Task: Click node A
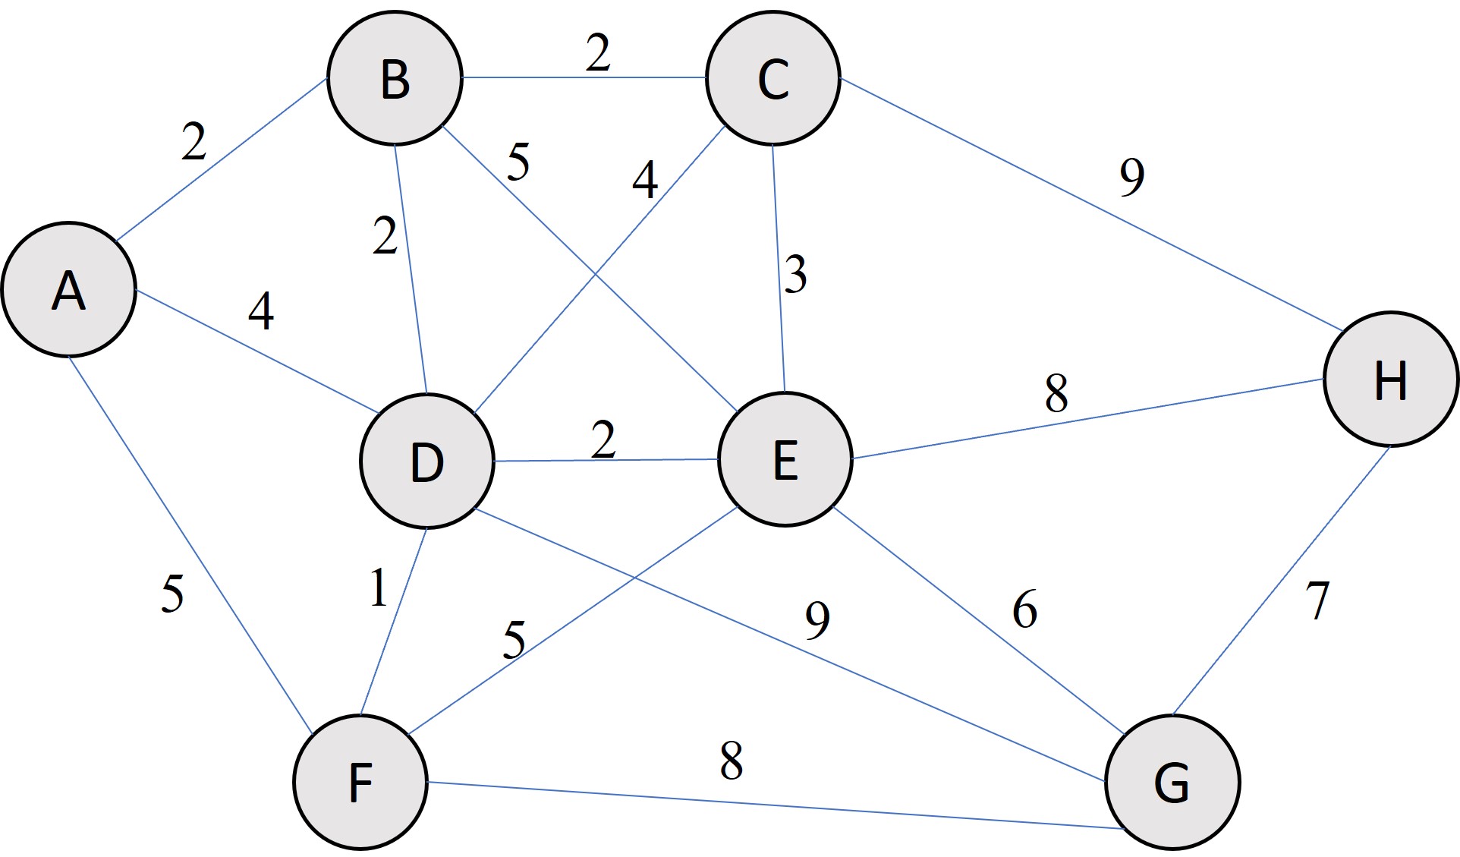(68, 289)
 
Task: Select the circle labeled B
(395, 78)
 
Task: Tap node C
(772, 78)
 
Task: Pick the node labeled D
(427, 462)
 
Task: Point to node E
(785, 459)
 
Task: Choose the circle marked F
(360, 782)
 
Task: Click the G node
(1172, 782)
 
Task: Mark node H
(1391, 379)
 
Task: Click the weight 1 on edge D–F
(378, 588)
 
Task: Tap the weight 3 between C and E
(795, 275)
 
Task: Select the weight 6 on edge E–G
(1024, 610)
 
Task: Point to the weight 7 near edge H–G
(1318, 600)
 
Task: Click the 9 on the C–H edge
(1131, 178)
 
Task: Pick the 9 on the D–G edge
(817, 620)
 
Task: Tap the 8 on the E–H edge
(1056, 393)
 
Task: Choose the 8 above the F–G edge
(731, 761)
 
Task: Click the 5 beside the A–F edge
(172, 594)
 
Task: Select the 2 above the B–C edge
(598, 54)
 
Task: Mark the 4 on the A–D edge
(261, 311)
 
